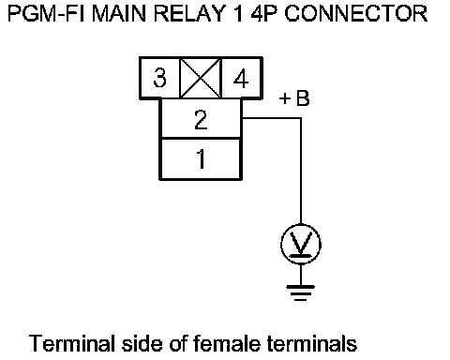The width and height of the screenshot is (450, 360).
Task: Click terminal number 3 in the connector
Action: click(159, 78)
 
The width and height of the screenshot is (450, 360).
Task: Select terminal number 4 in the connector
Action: click(241, 78)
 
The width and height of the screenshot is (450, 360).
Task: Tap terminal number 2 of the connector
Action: click(201, 119)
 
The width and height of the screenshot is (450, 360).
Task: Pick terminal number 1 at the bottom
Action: click(201, 158)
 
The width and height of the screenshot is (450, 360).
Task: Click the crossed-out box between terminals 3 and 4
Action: click(201, 78)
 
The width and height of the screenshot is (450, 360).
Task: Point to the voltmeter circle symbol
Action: click(301, 224)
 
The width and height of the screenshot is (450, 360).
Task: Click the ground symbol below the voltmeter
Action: click(301, 293)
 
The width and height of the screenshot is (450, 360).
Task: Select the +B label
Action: click(294, 98)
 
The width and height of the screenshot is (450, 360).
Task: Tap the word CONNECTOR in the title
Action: click(356, 14)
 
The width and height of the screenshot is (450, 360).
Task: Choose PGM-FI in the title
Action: click(46, 14)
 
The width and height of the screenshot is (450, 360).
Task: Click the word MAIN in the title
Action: click(119, 14)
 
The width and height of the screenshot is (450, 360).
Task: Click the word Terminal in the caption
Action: click(71, 343)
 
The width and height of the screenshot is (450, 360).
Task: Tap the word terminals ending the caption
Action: click(312, 343)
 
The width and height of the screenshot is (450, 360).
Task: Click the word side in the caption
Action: click(142, 343)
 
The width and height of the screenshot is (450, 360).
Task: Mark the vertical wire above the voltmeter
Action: click(301, 171)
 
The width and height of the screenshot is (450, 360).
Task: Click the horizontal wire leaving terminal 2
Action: click(272, 118)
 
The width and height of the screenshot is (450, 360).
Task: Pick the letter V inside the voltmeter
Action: click(301, 243)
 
